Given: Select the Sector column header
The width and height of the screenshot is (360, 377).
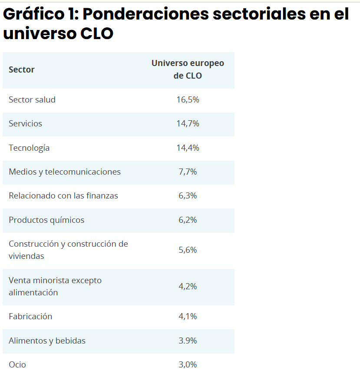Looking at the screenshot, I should (22, 69).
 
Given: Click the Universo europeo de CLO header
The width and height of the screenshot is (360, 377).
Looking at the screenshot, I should (188, 69).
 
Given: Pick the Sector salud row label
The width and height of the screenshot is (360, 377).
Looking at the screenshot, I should (32, 99).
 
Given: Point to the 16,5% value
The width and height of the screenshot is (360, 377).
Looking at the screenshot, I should (188, 99).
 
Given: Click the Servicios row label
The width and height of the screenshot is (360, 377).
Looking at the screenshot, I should (26, 124).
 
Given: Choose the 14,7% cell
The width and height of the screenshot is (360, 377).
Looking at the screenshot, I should (188, 124).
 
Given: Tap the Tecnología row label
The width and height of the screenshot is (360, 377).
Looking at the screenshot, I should (29, 148).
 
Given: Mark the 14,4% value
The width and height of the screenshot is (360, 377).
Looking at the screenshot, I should (188, 148).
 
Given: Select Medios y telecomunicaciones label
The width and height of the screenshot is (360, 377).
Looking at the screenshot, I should (65, 172).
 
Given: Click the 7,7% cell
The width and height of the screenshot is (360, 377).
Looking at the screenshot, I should (188, 172).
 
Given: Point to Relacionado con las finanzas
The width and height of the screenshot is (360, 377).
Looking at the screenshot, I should (63, 196).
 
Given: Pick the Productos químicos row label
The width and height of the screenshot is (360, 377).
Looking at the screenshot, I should (46, 220).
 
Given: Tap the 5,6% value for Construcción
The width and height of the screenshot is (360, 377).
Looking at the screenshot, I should (188, 250).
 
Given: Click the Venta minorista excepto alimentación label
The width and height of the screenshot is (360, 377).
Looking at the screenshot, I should (55, 286).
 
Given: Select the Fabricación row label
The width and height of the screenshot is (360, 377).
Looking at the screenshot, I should (30, 317).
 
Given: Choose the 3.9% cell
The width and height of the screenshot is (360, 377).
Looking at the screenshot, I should (188, 341).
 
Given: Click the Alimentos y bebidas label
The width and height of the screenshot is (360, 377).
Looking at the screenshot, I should (47, 341).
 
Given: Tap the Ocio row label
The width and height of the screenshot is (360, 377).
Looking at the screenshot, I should (17, 365).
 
